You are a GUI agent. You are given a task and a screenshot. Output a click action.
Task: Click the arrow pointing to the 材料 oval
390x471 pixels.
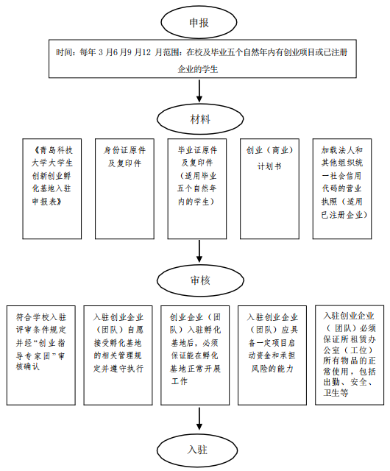click(x=199, y=91)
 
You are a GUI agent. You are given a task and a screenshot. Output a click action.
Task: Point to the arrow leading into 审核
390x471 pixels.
click(x=199, y=252)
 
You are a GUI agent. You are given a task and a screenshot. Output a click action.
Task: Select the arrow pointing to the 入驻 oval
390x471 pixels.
click(x=199, y=419)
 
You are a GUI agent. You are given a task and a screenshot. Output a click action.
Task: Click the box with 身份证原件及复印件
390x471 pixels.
click(x=124, y=188)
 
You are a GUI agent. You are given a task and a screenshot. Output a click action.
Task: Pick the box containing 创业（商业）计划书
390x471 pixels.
click(x=269, y=188)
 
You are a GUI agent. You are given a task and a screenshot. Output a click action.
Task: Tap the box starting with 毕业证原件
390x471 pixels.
click(x=197, y=188)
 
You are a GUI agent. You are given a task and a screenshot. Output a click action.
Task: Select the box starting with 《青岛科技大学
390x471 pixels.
click(x=52, y=188)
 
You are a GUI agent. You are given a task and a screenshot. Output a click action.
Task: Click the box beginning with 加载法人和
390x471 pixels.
click(x=342, y=188)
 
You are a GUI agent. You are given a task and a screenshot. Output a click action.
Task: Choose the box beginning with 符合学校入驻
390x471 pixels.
click(x=41, y=355)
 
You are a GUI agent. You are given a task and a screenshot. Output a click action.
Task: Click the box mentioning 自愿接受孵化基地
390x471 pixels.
click(x=118, y=355)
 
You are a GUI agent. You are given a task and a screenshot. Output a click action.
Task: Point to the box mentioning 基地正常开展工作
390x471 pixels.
click(x=195, y=355)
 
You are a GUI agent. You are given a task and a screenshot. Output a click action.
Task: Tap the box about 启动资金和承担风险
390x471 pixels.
click(x=272, y=355)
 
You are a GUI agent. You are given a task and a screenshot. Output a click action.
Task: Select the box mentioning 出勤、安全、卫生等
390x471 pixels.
click(x=350, y=355)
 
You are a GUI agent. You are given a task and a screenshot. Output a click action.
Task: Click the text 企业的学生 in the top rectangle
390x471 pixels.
click(x=198, y=69)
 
